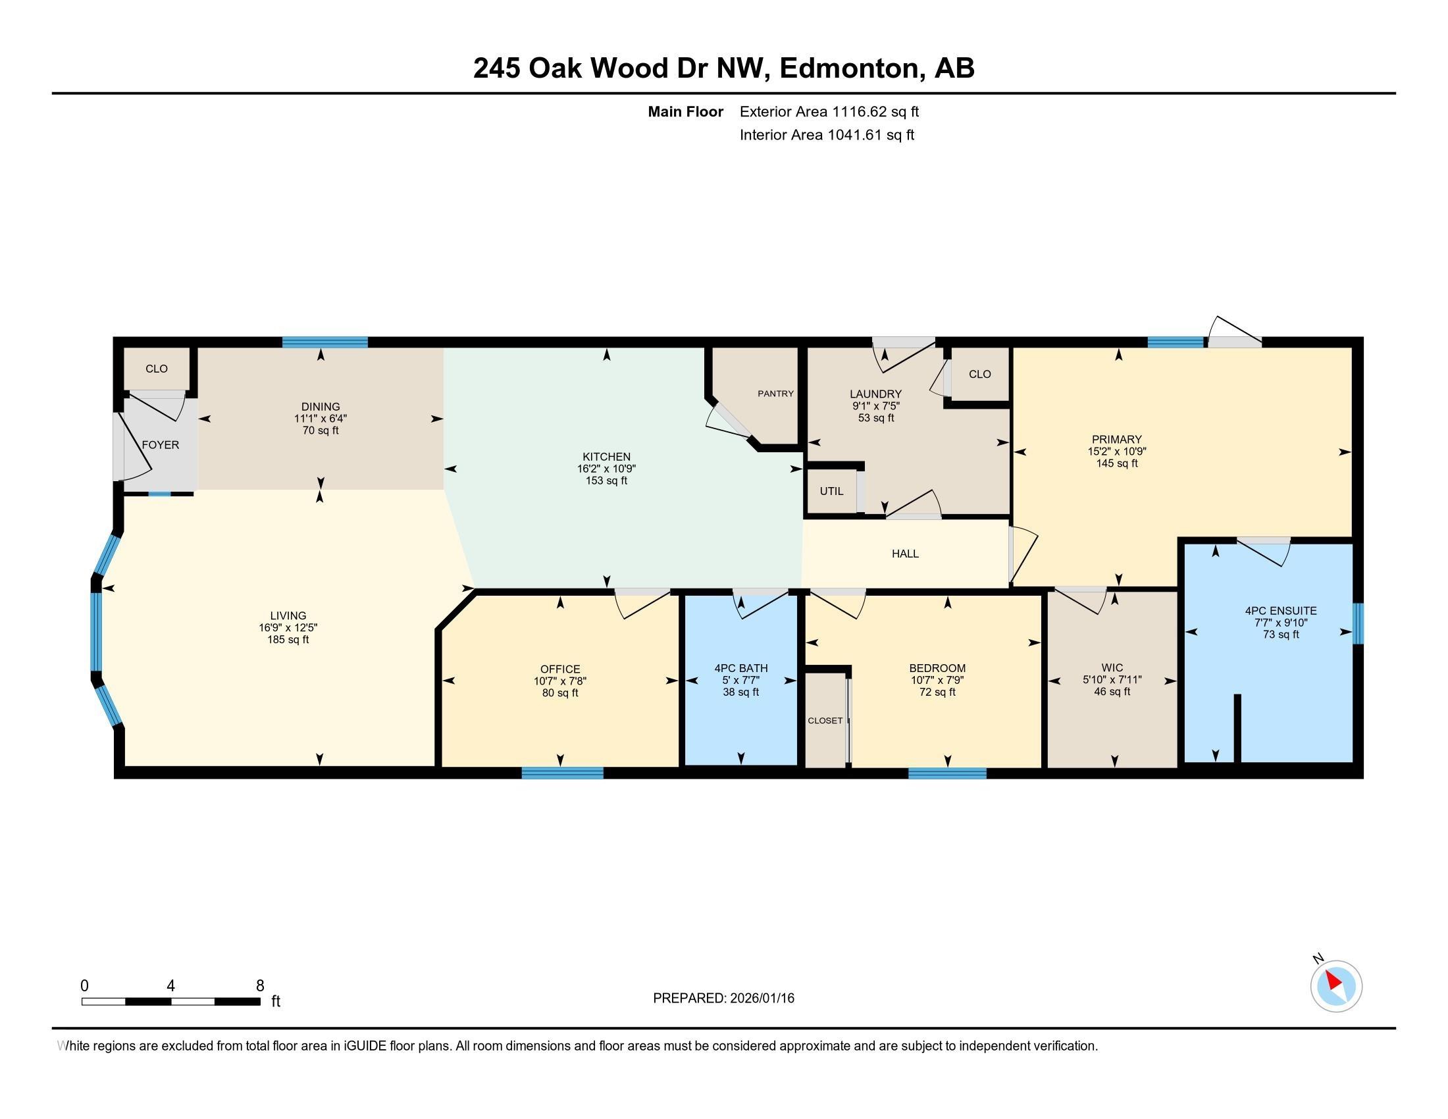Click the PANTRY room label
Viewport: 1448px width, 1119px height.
coord(775,394)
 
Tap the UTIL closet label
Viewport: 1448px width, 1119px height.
coord(831,491)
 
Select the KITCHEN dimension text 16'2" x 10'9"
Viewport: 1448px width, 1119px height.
coord(606,469)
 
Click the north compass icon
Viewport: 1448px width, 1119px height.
coord(1336,986)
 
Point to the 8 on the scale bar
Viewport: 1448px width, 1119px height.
coord(260,985)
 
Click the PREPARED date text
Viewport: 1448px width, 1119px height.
coord(723,999)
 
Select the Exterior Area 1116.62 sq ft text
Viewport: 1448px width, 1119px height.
coord(829,112)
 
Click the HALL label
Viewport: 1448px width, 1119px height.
coord(905,554)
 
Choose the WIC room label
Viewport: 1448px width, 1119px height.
coord(1112,667)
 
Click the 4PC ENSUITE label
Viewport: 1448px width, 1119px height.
coord(1280,611)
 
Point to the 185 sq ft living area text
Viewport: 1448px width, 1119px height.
coord(288,640)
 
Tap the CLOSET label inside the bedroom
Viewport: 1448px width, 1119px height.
coord(825,721)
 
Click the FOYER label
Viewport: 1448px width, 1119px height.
coord(161,445)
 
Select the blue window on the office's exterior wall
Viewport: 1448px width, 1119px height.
coord(562,772)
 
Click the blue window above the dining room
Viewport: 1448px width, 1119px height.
coord(325,342)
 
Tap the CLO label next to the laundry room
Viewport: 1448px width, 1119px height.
coord(979,374)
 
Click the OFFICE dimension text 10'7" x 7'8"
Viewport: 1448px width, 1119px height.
coord(559,681)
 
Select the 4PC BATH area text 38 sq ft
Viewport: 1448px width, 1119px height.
coord(740,692)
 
